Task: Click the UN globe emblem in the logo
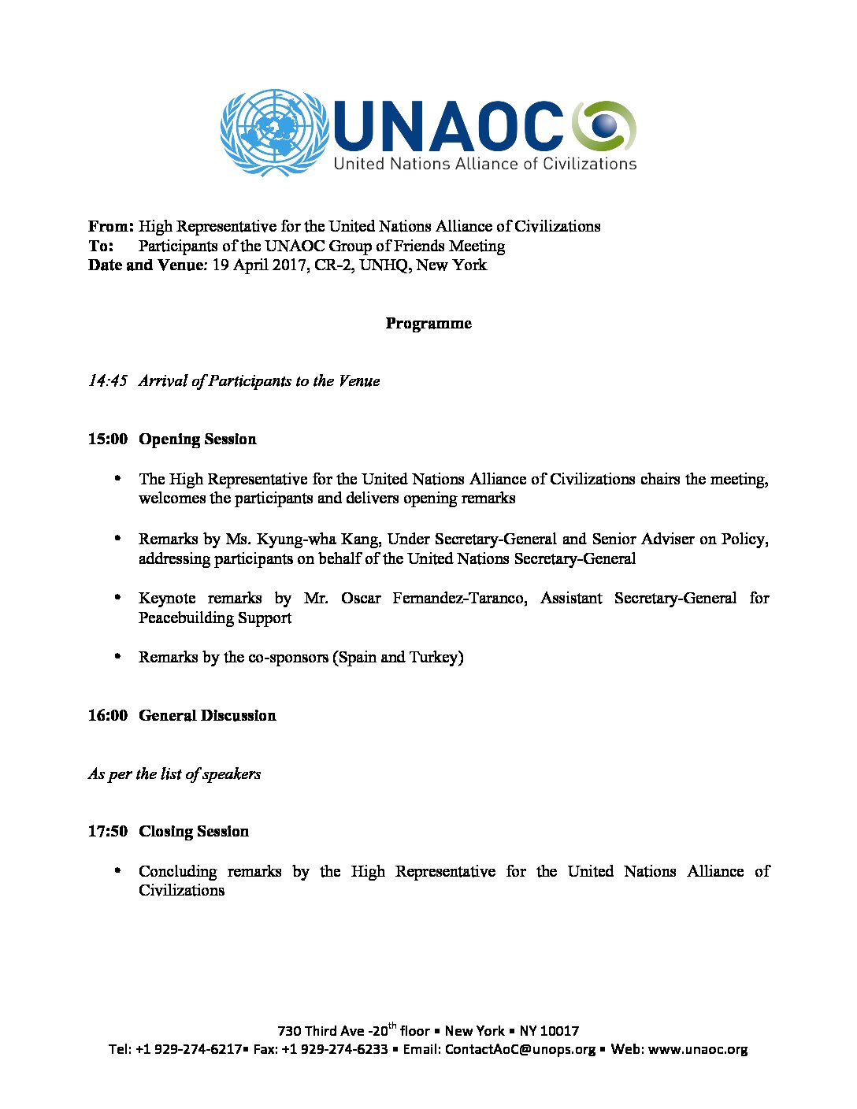point(274,132)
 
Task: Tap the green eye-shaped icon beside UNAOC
point(604,126)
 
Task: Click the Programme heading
point(428,324)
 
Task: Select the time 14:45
point(108,381)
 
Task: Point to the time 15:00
point(108,440)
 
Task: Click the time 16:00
point(108,716)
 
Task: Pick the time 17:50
point(108,832)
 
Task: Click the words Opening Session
point(198,440)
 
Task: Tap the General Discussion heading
point(207,716)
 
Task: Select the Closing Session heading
point(194,832)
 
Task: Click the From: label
point(111,227)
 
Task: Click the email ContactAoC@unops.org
point(520,1050)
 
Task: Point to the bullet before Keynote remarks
point(118,598)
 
